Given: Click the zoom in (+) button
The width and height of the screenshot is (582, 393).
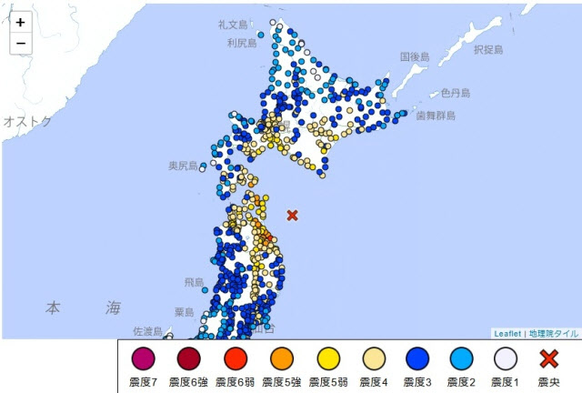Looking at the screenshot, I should coord(20,23).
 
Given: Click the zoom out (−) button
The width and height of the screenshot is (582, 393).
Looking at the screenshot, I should coord(20,43).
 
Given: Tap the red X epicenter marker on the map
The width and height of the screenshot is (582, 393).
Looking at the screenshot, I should coord(292,216).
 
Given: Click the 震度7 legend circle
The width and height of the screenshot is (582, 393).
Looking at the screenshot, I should coord(144,358).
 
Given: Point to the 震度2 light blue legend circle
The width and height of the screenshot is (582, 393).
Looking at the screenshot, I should coord(460,358).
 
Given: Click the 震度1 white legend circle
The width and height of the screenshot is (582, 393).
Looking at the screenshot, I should coord(505,358).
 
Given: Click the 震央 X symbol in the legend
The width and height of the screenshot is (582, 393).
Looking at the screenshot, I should coord(549,358).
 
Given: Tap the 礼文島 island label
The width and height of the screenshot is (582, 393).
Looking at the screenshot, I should coord(233,25).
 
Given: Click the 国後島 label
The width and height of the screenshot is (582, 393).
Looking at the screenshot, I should coord(415,56).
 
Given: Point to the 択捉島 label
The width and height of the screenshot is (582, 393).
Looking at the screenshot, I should coord(488,49).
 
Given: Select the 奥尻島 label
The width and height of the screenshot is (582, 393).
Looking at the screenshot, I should coord(184,166).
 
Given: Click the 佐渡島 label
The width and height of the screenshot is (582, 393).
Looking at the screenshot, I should coord(146,331).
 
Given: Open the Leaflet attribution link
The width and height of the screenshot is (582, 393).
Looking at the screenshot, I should coord(507,334).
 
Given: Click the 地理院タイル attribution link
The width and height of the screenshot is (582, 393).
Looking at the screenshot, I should coord(553,334).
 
